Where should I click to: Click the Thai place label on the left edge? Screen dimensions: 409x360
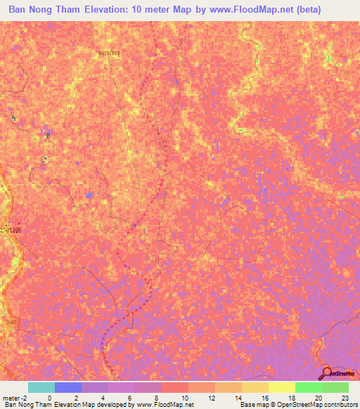pos(8,231)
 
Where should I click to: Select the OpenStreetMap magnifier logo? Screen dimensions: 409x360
pos(328,373)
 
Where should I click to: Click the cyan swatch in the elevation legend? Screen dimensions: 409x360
pos(41,387)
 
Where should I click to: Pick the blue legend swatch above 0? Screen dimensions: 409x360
pos(67,387)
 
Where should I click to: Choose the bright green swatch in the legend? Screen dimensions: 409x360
pos(308,387)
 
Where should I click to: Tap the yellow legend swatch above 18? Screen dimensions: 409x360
pos(281,387)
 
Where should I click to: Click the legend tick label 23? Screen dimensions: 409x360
pos(344,397)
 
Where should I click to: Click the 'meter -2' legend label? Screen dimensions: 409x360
pos(15,397)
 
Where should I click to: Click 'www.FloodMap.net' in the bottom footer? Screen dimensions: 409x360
pos(153,405)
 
